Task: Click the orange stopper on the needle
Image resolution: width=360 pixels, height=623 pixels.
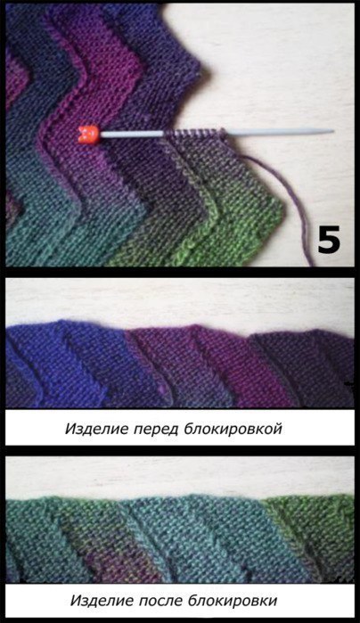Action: click(x=88, y=134)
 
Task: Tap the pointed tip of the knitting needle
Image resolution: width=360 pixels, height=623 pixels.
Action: click(x=333, y=131)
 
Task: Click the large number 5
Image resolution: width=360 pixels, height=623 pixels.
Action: click(x=329, y=240)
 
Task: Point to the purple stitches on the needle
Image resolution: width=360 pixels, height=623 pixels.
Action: click(x=194, y=134)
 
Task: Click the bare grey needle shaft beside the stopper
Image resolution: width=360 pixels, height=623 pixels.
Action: click(x=131, y=135)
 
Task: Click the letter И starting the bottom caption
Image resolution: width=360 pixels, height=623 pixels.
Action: click(x=75, y=600)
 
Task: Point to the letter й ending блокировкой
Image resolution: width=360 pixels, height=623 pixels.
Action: click(x=277, y=429)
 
